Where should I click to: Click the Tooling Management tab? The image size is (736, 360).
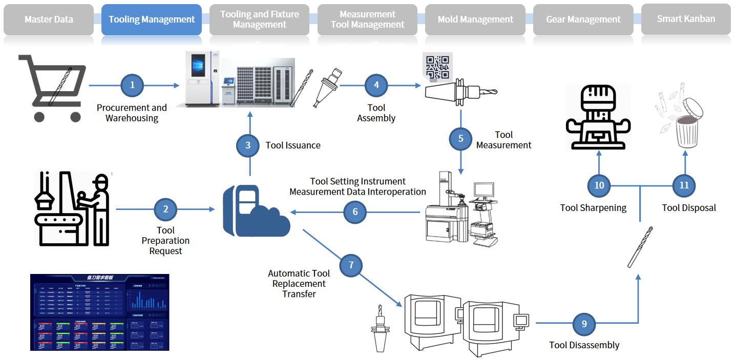click(152, 19)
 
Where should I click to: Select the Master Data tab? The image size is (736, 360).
click(49, 19)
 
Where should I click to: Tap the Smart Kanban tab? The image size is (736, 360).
click(686, 19)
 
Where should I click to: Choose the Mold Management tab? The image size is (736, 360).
click(475, 19)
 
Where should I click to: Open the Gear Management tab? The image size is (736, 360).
click(583, 19)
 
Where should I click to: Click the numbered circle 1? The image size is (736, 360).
click(132, 85)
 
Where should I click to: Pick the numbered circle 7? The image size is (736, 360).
click(351, 265)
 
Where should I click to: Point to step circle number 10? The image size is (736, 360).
click(599, 185)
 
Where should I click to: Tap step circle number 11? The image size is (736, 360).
click(684, 185)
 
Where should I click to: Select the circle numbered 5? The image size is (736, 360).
click(460, 138)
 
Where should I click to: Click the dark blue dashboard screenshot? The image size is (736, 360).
click(99, 312)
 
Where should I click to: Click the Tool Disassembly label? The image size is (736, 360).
click(584, 345)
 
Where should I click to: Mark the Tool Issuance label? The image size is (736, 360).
click(293, 145)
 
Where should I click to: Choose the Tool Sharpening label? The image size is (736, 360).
click(593, 208)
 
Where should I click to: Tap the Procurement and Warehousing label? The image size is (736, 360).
click(132, 113)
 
